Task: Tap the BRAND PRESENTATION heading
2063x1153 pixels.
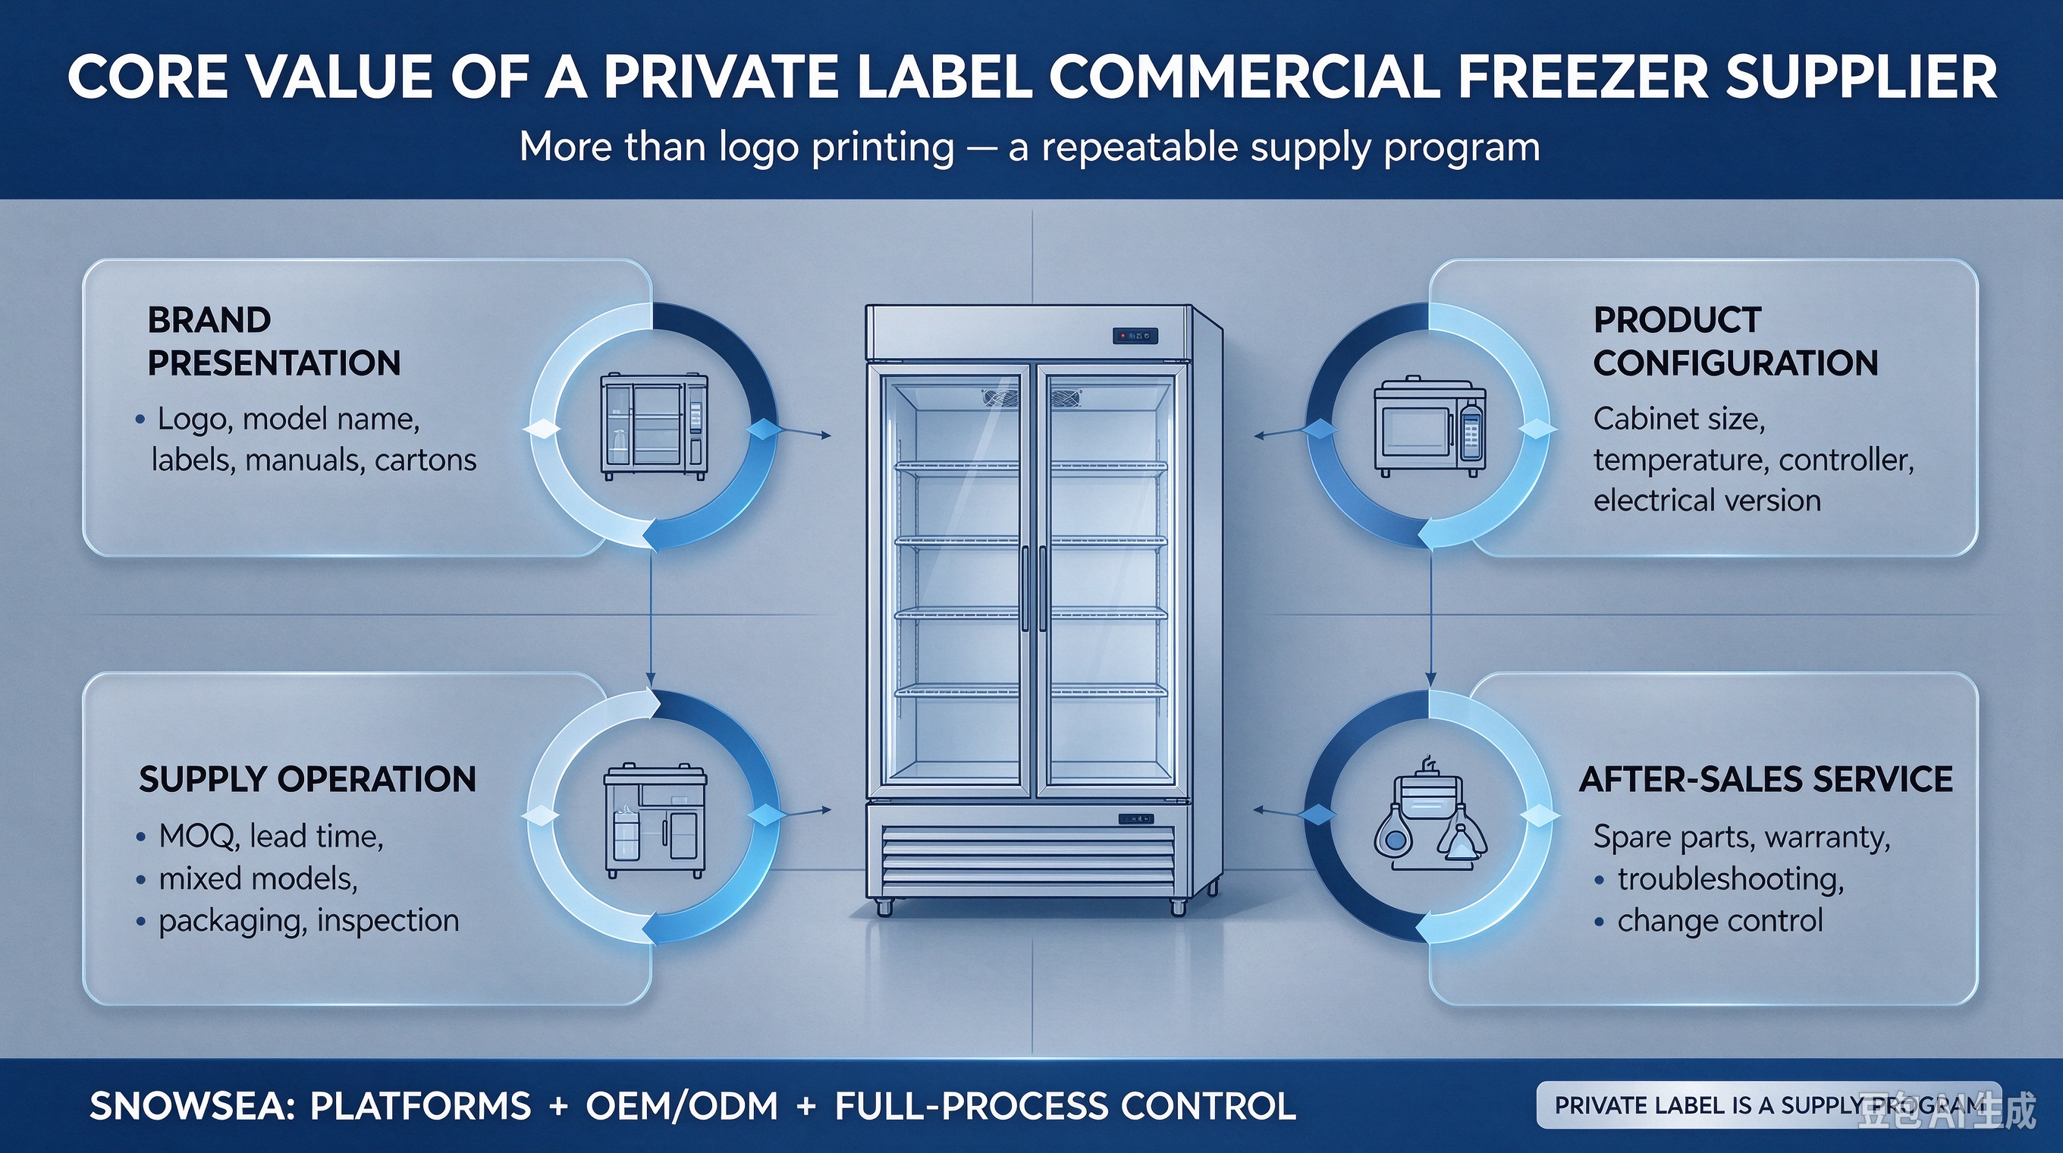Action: [x=274, y=342]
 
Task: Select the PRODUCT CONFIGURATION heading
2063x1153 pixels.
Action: [x=1735, y=342]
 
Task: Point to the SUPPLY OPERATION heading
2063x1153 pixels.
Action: [x=307, y=779]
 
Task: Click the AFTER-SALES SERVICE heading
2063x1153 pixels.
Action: [x=1766, y=779]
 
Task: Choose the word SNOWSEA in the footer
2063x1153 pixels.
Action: [x=187, y=1106]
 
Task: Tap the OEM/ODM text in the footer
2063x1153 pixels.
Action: [x=682, y=1106]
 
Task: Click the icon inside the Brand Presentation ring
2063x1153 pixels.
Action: [x=655, y=427]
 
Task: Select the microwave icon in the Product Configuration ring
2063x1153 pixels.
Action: [x=1430, y=428]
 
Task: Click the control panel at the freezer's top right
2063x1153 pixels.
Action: [x=1135, y=336]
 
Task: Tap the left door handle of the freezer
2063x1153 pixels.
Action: [x=1024, y=589]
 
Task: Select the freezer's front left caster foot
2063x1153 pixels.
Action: [x=884, y=908]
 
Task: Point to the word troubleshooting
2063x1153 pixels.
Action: [x=1731, y=879]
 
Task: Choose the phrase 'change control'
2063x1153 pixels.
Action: [x=1720, y=921]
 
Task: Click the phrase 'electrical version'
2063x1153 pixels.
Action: [x=1707, y=501]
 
